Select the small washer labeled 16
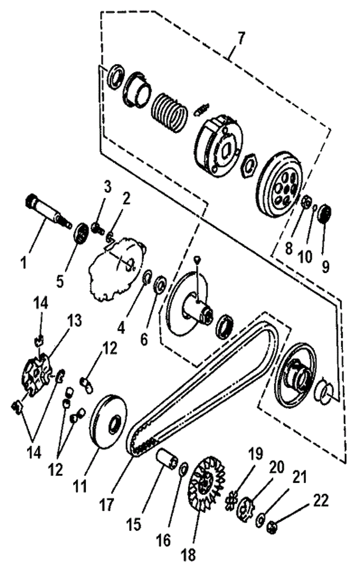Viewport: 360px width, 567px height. pyautogui.click(x=183, y=468)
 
